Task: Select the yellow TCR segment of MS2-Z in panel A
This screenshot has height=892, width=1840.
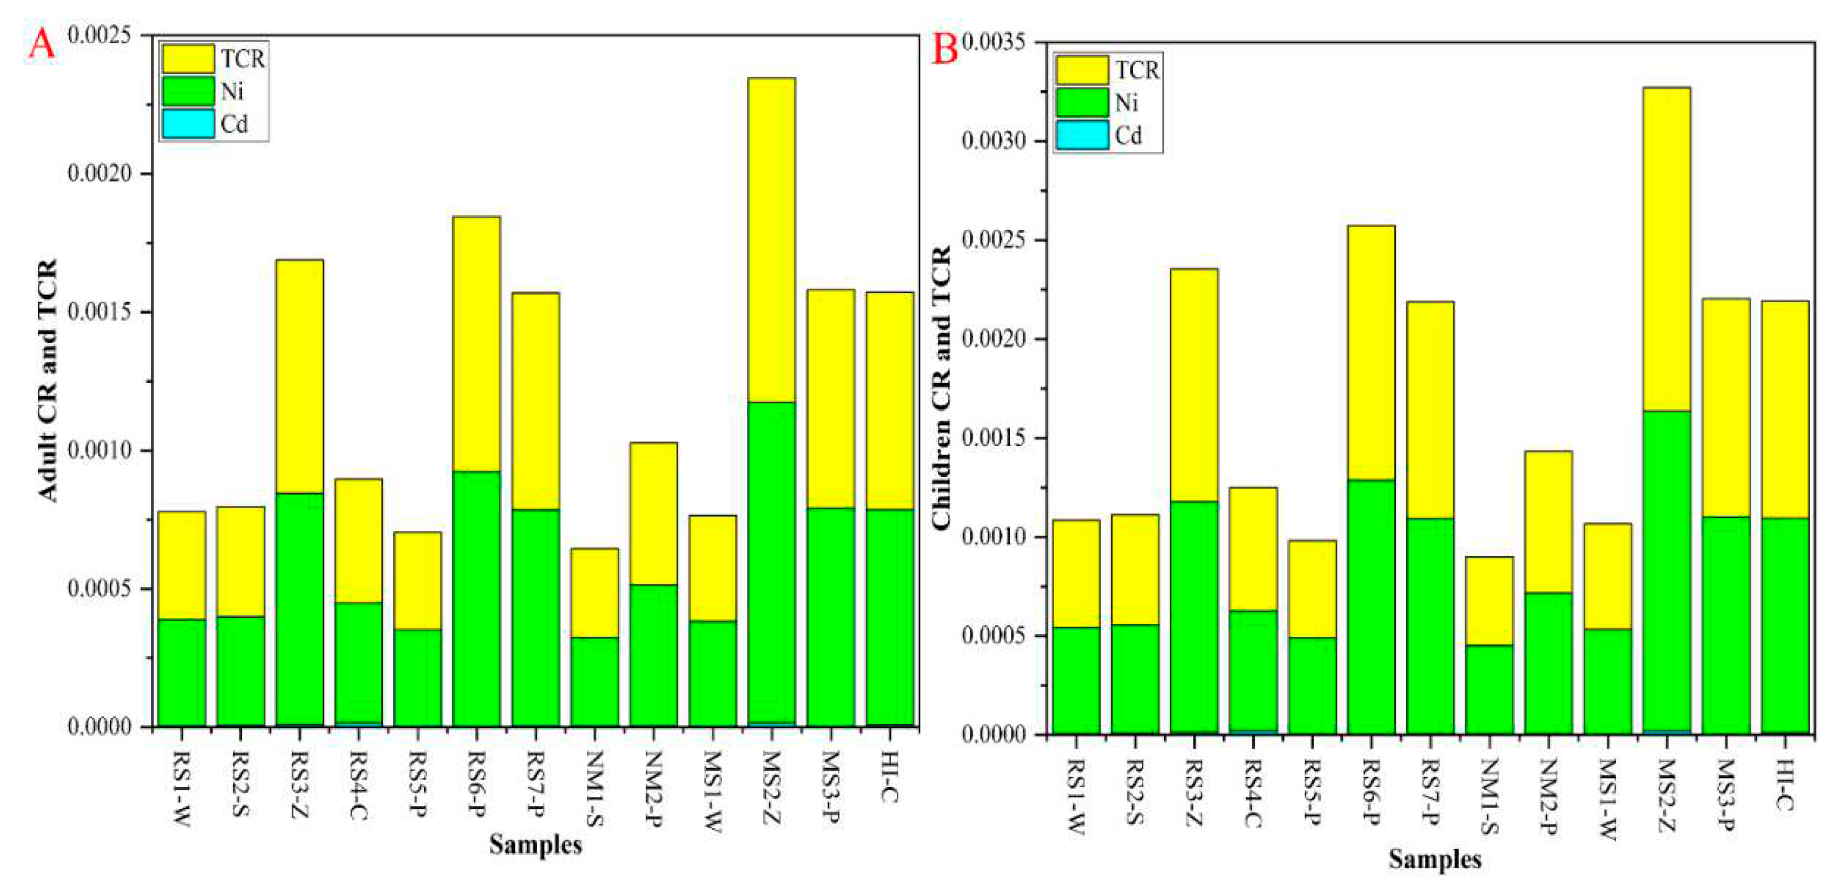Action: click(771, 239)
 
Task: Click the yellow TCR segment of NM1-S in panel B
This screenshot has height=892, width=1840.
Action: click(1490, 601)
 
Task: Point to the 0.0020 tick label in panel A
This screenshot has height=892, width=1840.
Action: click(100, 174)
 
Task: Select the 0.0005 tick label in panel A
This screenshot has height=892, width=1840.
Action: click(100, 589)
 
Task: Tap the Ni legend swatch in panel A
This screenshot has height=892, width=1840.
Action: click(188, 91)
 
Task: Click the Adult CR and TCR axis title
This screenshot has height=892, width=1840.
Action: click(47, 381)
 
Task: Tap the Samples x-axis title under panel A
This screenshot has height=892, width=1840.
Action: click(535, 845)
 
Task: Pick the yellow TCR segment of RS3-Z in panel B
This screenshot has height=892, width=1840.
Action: click(1194, 385)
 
